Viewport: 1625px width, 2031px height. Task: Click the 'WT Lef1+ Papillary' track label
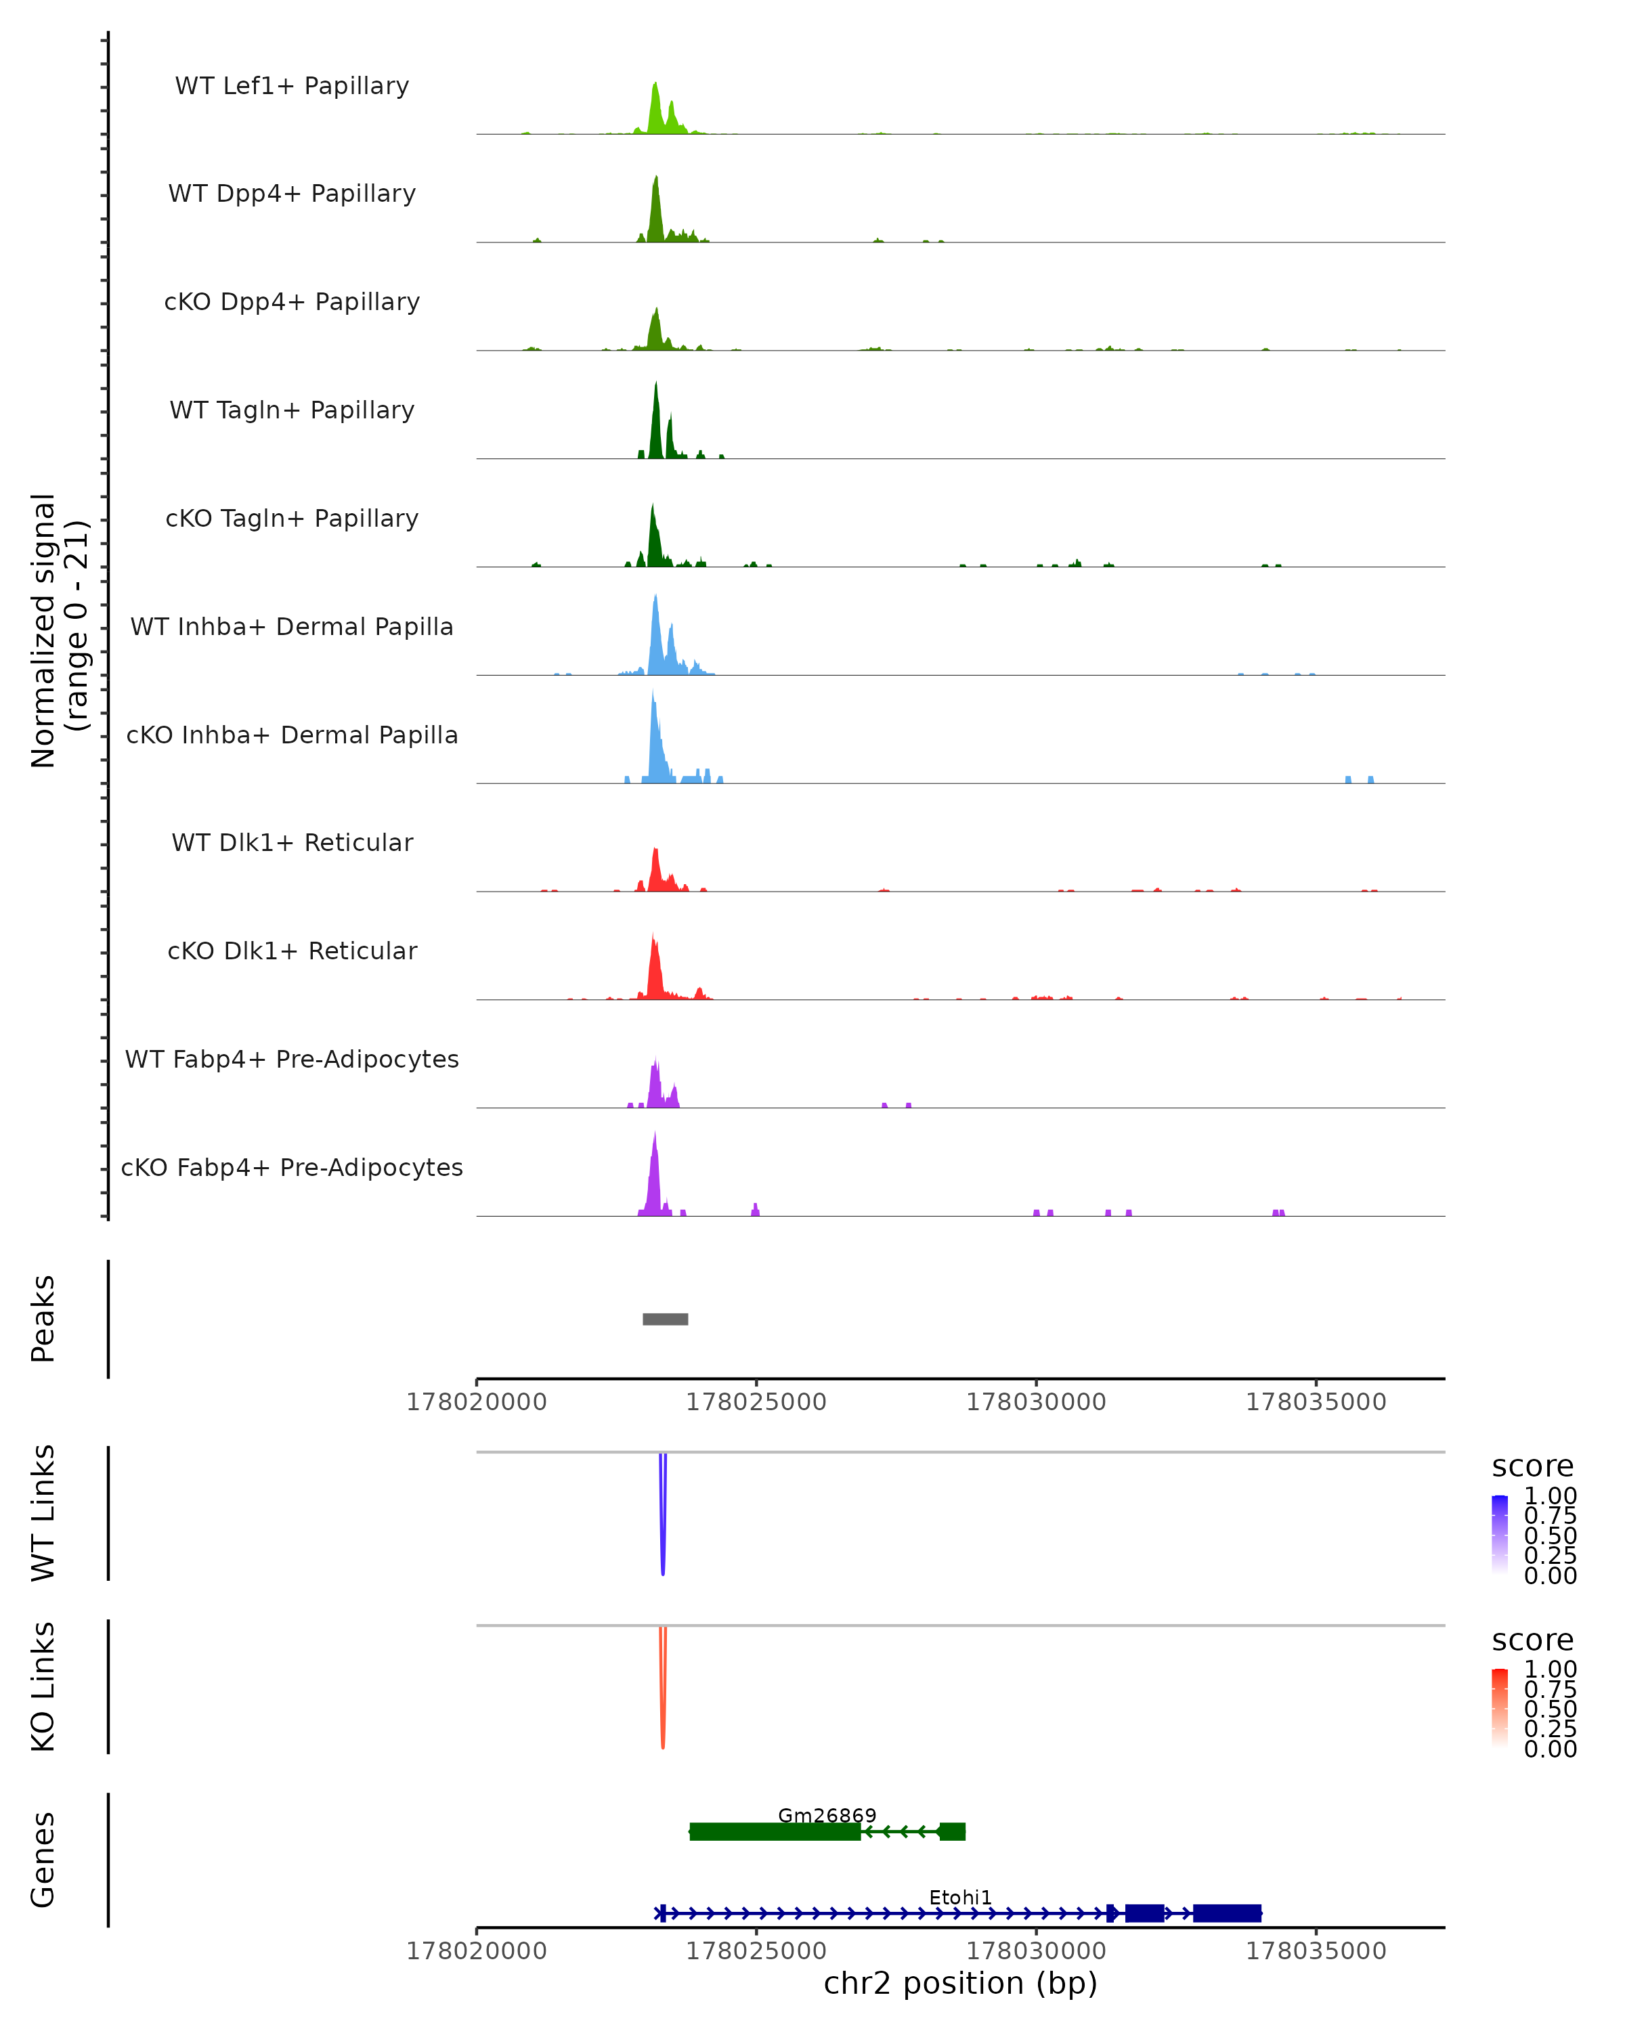(x=292, y=86)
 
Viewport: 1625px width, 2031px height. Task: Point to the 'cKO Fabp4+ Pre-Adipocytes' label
(x=292, y=1167)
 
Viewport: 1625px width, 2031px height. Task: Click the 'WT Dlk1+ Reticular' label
(x=292, y=842)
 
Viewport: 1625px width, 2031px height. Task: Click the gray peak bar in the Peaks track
(x=665, y=1319)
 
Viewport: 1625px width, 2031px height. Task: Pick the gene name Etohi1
(x=960, y=1897)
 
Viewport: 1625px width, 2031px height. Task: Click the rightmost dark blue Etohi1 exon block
(x=1226, y=1913)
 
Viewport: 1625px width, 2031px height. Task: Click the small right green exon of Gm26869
(x=953, y=1831)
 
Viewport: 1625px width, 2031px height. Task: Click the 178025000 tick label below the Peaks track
(x=756, y=1402)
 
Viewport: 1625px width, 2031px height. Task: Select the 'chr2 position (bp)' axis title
(x=960, y=1983)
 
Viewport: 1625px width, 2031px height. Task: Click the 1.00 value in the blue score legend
(x=1550, y=1496)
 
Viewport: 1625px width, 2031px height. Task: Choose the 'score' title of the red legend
(x=1532, y=1640)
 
